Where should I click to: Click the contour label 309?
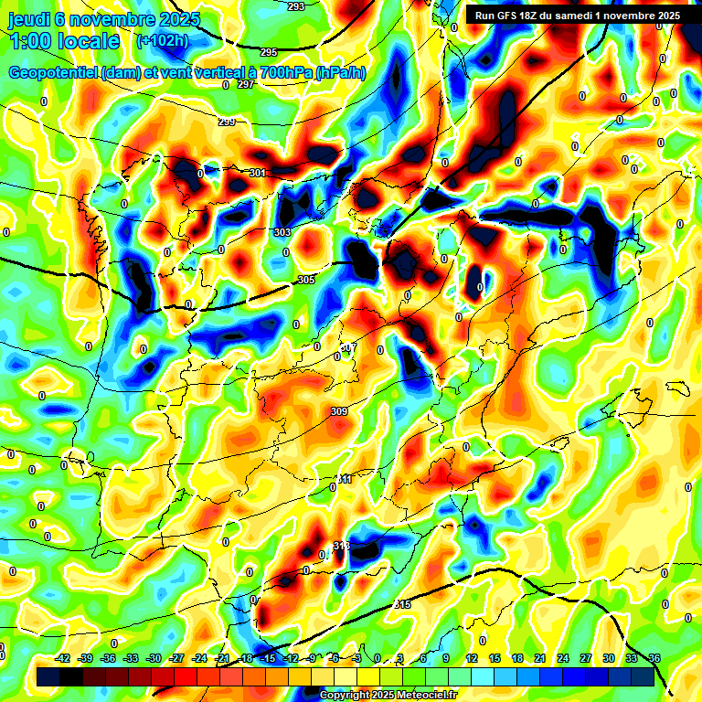pos(339,412)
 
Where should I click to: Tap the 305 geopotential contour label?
pos(306,280)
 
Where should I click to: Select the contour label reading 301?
pos(257,173)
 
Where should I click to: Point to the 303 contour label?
pos(282,233)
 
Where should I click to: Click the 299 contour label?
pos(227,122)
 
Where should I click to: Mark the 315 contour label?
pos(402,605)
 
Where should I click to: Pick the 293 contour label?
pos(296,6)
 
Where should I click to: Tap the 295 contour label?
pos(268,52)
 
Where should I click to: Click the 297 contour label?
pos(245,84)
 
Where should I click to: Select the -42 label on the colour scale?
pos(63,658)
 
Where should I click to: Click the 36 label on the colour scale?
pos(654,658)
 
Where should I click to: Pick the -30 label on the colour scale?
pos(154,658)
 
